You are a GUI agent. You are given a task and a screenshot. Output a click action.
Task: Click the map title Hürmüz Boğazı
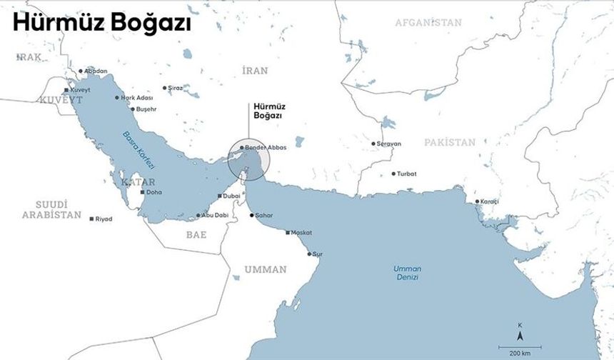click(x=102, y=24)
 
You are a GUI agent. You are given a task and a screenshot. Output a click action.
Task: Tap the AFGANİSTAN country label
click(x=428, y=23)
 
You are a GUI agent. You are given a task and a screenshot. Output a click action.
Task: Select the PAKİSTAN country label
click(x=449, y=143)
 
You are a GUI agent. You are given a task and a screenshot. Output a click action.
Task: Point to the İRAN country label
click(x=255, y=70)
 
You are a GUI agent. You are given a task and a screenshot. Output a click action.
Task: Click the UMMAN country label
click(x=265, y=269)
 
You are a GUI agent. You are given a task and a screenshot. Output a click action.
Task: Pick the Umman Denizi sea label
click(x=407, y=272)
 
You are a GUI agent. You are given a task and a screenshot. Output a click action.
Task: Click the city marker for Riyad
click(x=91, y=219)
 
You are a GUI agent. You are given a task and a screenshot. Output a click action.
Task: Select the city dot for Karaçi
click(x=477, y=201)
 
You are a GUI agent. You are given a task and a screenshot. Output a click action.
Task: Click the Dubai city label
click(x=231, y=196)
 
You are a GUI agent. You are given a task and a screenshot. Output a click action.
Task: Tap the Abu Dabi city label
click(x=214, y=215)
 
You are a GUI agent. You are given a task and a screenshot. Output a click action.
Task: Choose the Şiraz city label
click(x=175, y=88)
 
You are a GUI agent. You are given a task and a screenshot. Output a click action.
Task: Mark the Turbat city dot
click(x=393, y=174)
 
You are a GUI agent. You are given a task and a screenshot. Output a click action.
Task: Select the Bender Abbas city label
click(x=265, y=147)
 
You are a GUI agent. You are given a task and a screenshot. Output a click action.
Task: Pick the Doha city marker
click(x=143, y=192)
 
